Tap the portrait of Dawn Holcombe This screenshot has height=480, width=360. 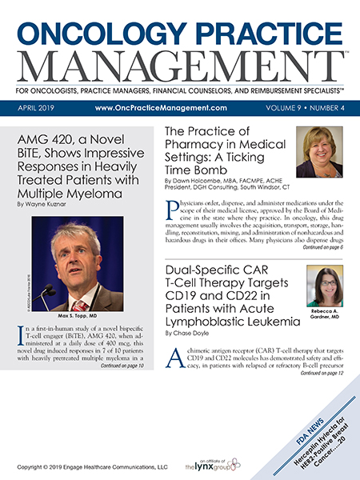coord(319,152)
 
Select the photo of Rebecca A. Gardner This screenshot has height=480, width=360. coord(329,285)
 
